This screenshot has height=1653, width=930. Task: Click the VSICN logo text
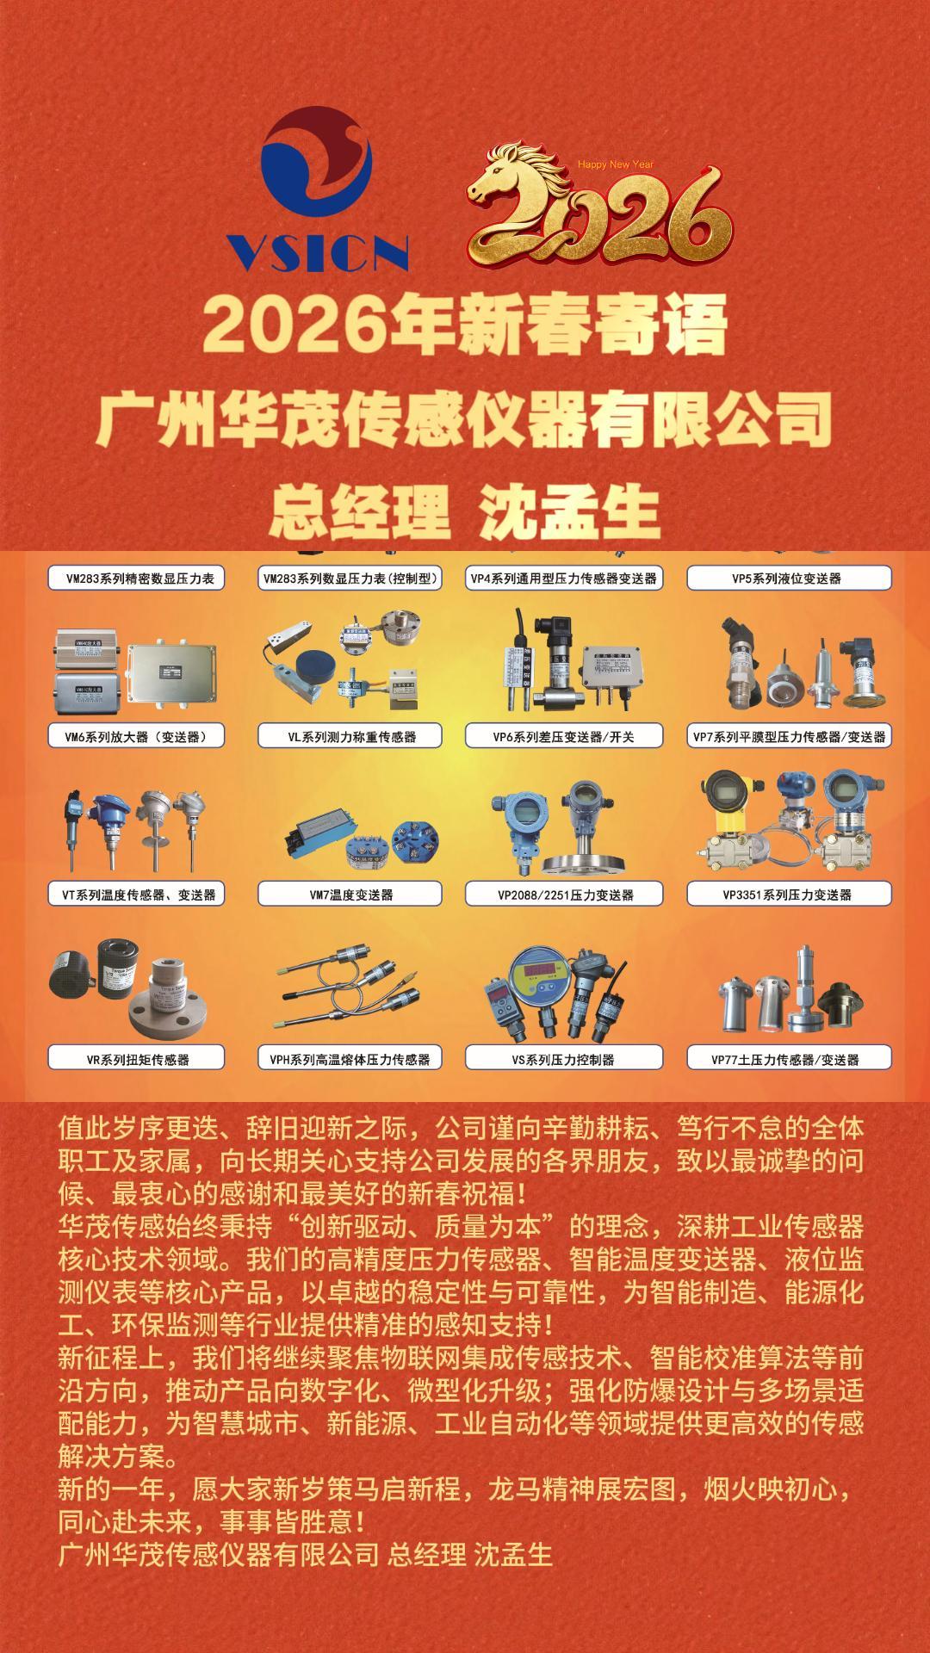pos(316,251)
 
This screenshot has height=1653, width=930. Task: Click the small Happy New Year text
pos(616,164)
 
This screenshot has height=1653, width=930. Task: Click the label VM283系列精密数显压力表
pos(136,579)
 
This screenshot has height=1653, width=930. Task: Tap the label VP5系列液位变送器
pos(789,579)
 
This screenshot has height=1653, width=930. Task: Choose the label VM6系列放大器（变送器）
pos(136,736)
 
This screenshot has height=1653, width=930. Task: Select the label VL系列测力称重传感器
pos(350,736)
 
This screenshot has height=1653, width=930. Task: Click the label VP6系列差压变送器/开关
pos(564,736)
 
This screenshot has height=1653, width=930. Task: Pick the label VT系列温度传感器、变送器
pos(136,895)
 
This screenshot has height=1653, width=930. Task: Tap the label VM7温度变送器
pos(350,895)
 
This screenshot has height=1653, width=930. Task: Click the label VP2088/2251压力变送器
pos(564,895)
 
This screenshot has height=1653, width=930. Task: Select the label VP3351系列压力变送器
pos(789,895)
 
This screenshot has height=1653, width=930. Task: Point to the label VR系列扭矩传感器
pos(136,1058)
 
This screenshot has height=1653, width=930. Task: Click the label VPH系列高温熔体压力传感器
pos(350,1058)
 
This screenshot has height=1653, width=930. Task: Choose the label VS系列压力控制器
pos(564,1058)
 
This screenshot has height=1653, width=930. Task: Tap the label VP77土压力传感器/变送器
pos(789,1058)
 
